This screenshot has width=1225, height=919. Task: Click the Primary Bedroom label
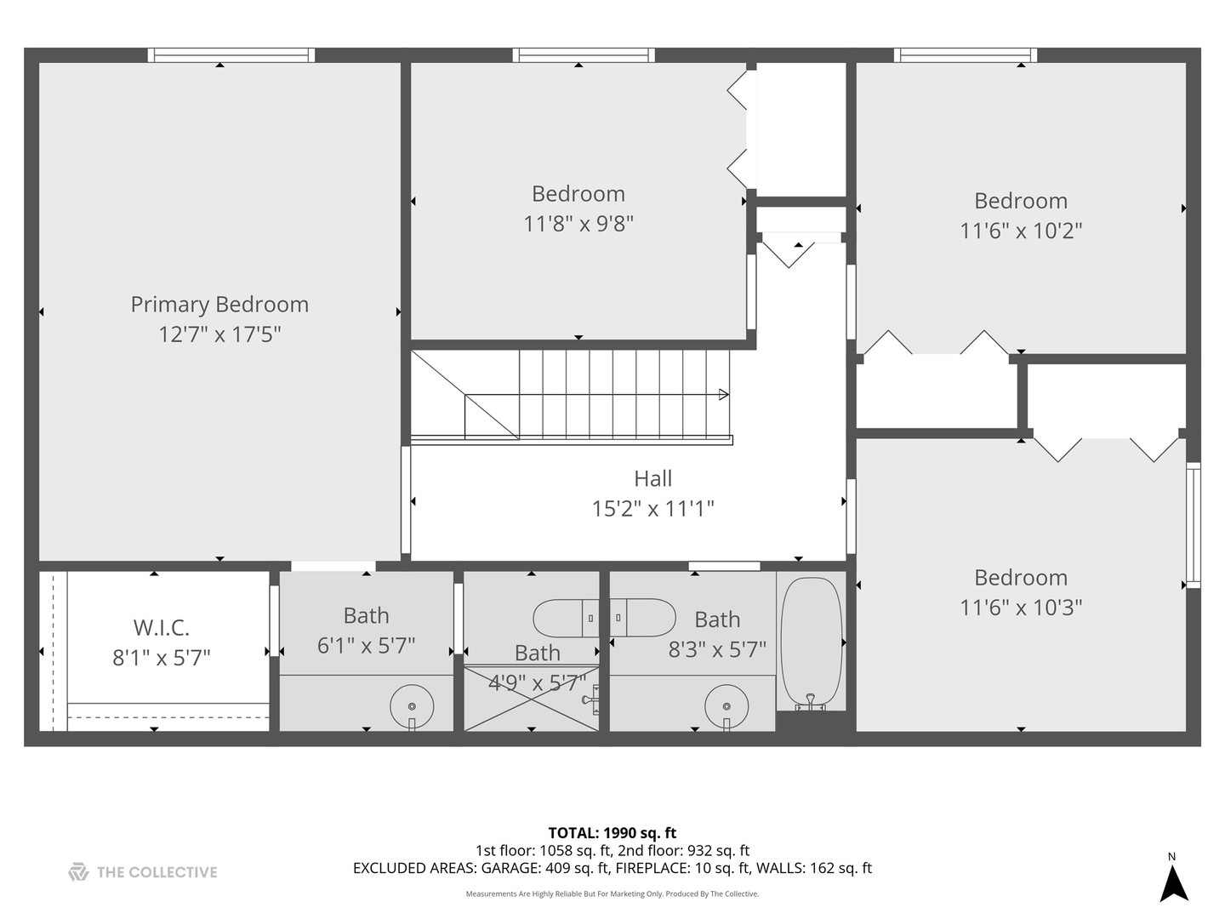coord(219,305)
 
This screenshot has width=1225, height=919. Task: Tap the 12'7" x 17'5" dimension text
coord(219,334)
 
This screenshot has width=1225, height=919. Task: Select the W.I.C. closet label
coord(162,628)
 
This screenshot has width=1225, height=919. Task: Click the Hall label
coord(652,479)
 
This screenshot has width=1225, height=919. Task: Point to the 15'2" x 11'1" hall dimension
coord(652,509)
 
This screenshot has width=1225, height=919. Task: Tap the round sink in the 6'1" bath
coord(412,705)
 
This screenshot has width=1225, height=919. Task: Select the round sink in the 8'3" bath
coord(726,705)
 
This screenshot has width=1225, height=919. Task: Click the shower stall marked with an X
coord(531,697)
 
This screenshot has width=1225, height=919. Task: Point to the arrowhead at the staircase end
coord(724,394)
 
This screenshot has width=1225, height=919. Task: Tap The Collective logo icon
coord(78,872)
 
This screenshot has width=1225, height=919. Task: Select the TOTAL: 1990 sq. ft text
coord(612,833)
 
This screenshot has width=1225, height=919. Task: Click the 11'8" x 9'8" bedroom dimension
coord(578,224)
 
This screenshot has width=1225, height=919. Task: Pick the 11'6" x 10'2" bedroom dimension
coord(1021,231)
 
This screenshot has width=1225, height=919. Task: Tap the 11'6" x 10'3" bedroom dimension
coord(1021,608)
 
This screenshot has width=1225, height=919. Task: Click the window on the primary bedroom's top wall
coord(231,55)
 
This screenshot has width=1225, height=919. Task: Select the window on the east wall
coord(1193,525)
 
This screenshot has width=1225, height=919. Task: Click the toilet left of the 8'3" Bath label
coord(644,618)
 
